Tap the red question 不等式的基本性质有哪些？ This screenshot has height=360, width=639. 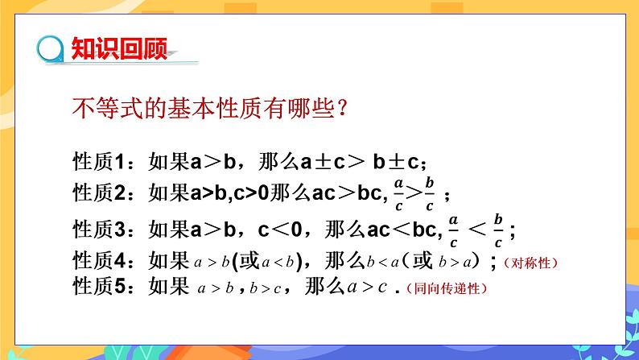coord(210,108)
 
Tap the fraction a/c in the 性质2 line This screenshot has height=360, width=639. coord(398,194)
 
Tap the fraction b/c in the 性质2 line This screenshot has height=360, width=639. coord(431,194)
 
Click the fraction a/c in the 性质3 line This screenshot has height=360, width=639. coord(452,230)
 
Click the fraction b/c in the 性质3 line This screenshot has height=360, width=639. coord(499,230)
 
